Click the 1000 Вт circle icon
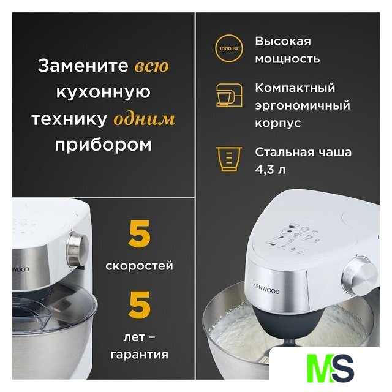[x=228, y=48]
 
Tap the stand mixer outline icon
[x=229, y=96]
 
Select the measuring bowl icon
[x=228, y=159]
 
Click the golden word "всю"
[x=152, y=66]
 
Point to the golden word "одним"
[x=145, y=118]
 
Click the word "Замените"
[x=83, y=66]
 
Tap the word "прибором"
[x=104, y=145]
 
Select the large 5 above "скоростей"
[x=139, y=234]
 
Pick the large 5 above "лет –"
[x=139, y=304]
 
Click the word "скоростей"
[x=139, y=265]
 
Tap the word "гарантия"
[x=140, y=355]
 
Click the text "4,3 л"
[x=270, y=170]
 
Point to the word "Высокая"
[x=283, y=42]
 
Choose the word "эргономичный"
[x=303, y=105]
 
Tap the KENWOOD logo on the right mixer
[x=266, y=288]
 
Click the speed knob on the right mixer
[x=360, y=273]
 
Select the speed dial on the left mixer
[x=77, y=249]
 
